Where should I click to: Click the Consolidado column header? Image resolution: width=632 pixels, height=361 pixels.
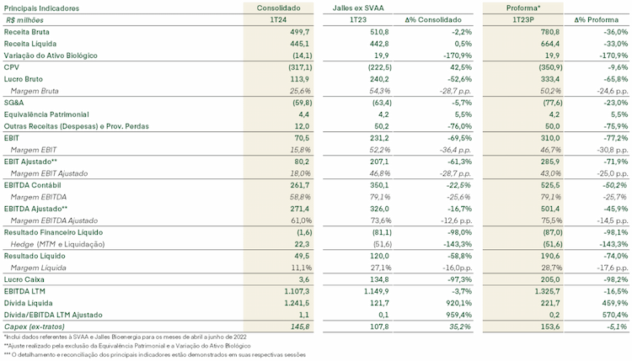click(x=279, y=8)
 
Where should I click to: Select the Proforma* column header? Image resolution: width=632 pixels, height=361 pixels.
click(x=522, y=8)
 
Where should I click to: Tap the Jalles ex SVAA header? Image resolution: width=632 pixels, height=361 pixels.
click(x=358, y=8)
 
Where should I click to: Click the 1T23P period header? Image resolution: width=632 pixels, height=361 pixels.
click(x=522, y=19)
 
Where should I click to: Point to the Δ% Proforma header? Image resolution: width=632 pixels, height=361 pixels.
click(x=597, y=19)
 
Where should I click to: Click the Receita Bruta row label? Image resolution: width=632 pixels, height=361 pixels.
click(x=27, y=32)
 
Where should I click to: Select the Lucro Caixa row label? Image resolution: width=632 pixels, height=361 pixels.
click(x=24, y=279)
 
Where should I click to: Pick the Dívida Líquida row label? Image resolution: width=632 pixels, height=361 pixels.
click(x=28, y=303)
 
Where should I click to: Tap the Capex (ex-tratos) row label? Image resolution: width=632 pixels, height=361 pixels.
click(x=35, y=326)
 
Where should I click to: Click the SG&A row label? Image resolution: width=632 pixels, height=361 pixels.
click(x=13, y=103)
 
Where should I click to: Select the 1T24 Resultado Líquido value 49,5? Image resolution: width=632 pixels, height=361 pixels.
click(x=302, y=256)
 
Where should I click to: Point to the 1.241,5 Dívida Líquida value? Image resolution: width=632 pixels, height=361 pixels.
click(x=297, y=303)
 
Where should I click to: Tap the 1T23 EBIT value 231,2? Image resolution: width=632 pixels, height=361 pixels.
click(x=379, y=138)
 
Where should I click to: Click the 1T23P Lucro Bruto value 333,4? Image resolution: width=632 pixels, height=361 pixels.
click(x=550, y=79)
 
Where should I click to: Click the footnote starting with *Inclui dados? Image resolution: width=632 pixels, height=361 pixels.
click(x=125, y=337)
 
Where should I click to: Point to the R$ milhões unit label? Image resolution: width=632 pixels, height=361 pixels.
click(x=24, y=19)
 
